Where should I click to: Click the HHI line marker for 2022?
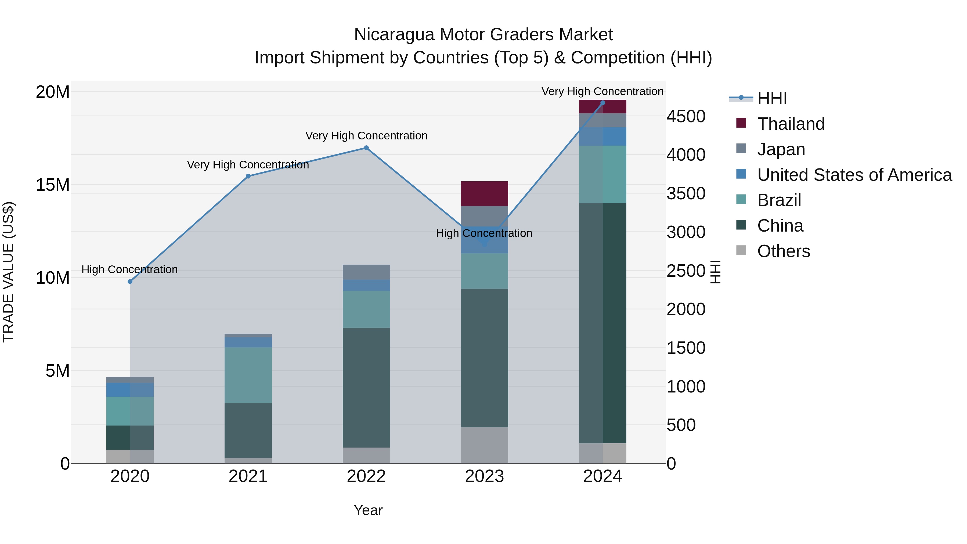pyautogui.click(x=366, y=148)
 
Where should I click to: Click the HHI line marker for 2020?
pyautogui.click(x=130, y=282)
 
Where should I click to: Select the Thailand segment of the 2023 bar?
pyautogui.click(x=484, y=194)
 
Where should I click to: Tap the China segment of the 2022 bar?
pyautogui.click(x=366, y=387)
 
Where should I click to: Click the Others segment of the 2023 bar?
pyautogui.click(x=484, y=445)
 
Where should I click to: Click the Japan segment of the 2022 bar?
pyautogui.click(x=366, y=272)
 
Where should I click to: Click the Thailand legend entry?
pyautogui.click(x=791, y=124)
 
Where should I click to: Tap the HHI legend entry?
pyautogui.click(x=771, y=98)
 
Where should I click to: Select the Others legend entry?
pyautogui.click(x=783, y=251)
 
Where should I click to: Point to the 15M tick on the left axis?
pyautogui.click(x=53, y=185)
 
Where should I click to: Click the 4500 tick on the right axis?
pyautogui.click(x=686, y=116)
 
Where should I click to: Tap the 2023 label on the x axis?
pyautogui.click(x=484, y=476)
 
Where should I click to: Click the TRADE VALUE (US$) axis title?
pyautogui.click(x=8, y=272)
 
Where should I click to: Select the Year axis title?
pyautogui.click(x=368, y=510)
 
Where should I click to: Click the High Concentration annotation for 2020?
pyautogui.click(x=129, y=269)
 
